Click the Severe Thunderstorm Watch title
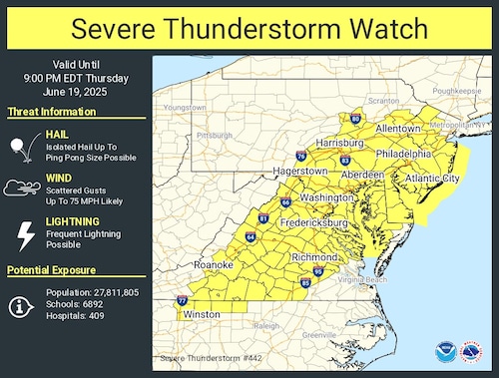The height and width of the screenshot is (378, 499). pos(249,27)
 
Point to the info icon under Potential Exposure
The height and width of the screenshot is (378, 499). pos(22,306)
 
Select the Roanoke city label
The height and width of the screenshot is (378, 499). pos(213,264)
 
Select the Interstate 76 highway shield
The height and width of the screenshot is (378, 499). pos(301,156)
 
